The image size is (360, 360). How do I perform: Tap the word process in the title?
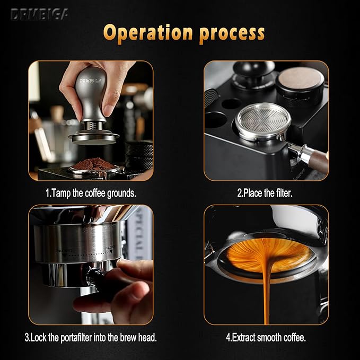point(232,33)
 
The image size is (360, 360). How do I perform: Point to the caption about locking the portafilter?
point(90,337)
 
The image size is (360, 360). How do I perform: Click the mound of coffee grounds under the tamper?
point(93,164)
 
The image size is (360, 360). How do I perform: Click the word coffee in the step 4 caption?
point(293,337)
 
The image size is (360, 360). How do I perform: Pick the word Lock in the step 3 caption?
point(41,337)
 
